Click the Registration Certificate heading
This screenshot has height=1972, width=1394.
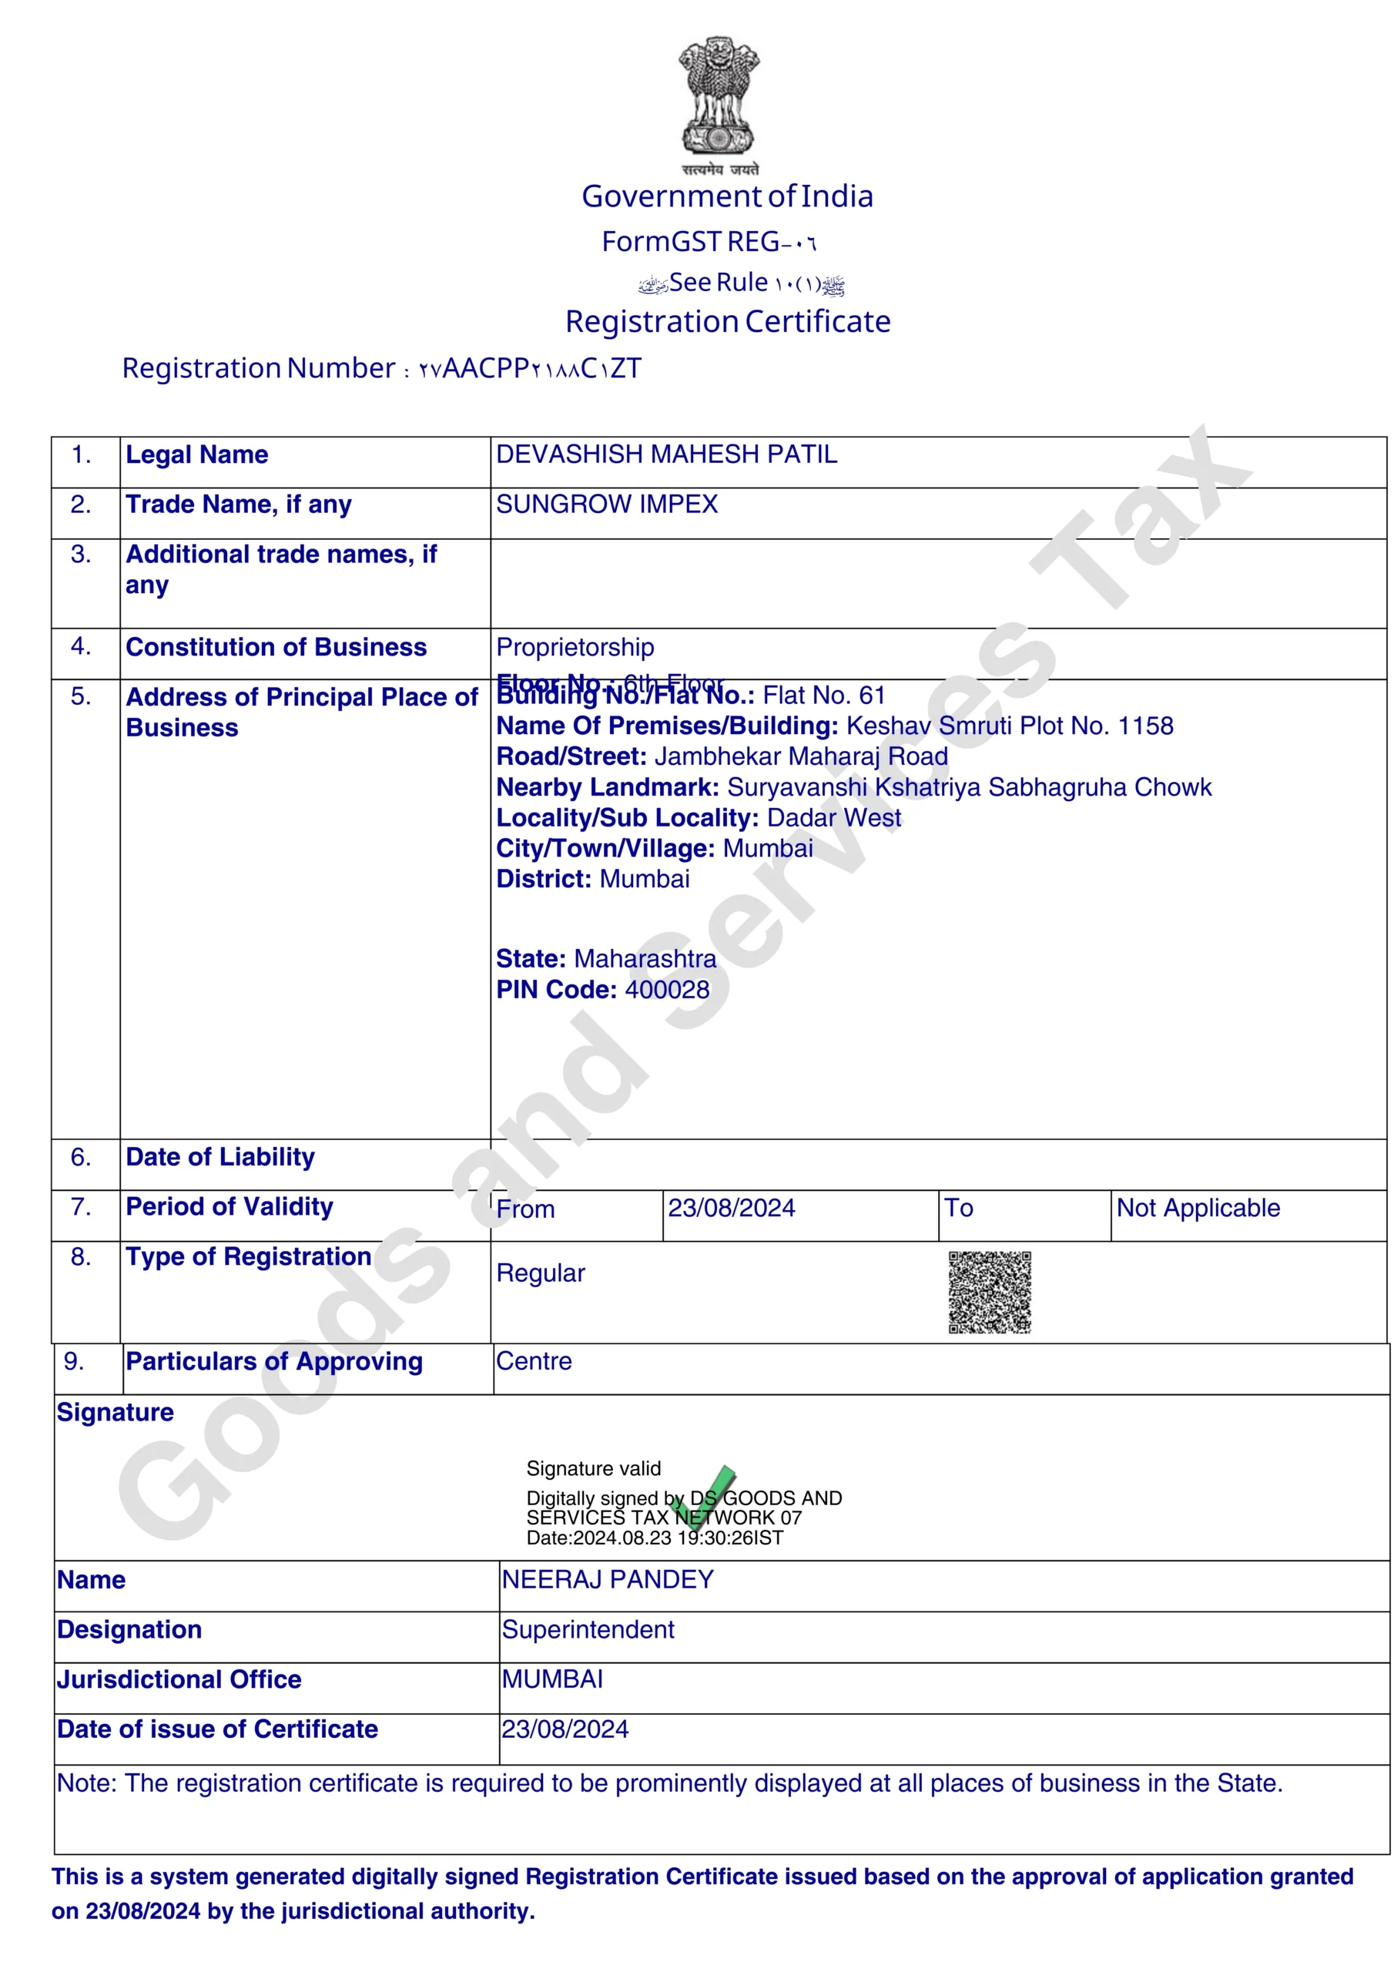[728, 321]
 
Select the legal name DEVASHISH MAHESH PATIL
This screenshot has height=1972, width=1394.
[666, 454]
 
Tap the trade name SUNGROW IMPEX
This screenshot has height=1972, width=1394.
[606, 504]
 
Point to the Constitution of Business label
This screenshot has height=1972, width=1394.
[276, 647]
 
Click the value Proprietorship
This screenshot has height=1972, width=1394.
[575, 647]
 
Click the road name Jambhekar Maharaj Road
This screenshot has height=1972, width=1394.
[800, 756]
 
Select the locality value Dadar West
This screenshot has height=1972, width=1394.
[833, 817]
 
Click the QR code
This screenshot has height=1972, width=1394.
[990, 1292]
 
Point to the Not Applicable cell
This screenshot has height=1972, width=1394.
[1198, 1208]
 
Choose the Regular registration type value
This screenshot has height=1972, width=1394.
[540, 1273]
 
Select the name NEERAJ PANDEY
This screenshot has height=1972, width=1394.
[607, 1579]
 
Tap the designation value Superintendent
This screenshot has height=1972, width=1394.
[588, 1629]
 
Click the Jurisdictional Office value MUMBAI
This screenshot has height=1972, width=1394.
[552, 1679]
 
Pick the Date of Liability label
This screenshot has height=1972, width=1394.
[219, 1157]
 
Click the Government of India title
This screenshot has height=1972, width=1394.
[728, 196]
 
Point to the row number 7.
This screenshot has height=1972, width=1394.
[81, 1207]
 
